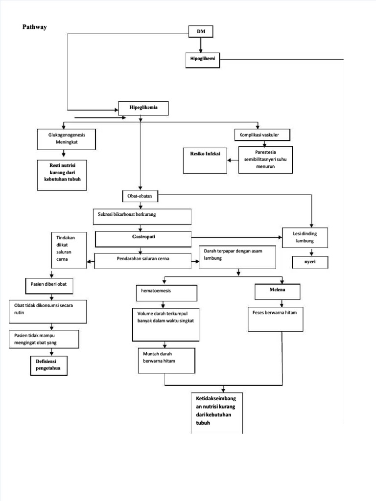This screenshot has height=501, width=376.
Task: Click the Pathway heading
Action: tap(34, 27)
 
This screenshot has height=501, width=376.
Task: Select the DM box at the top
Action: tap(201, 32)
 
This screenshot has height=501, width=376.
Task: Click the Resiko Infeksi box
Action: tap(205, 160)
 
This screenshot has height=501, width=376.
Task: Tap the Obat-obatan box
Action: tap(140, 197)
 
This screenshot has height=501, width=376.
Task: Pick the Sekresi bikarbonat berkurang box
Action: tap(142, 216)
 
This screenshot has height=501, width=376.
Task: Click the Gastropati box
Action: tap(142, 239)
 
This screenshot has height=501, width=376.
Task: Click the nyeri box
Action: tap(310, 262)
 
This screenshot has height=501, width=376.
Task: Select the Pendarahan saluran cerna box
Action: tap(142, 260)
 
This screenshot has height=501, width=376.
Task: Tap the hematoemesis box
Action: tap(166, 293)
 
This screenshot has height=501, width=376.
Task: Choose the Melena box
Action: tap(277, 291)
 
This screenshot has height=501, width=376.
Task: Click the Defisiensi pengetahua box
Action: tap(48, 365)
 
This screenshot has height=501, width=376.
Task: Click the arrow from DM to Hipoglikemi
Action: tap(201, 45)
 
